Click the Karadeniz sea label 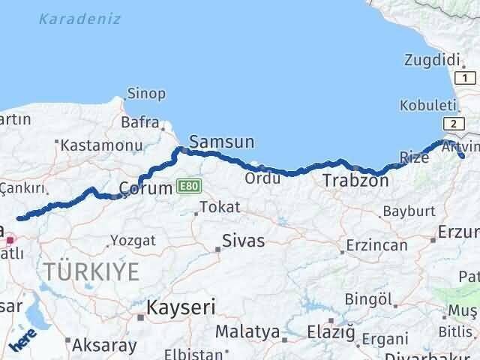click(79, 19)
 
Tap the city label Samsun click(222, 141)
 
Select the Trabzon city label click(355, 180)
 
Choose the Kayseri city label click(181, 307)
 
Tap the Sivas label click(243, 241)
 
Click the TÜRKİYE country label click(91, 271)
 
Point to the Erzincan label click(376, 244)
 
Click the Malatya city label click(247, 331)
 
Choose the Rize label click(415, 157)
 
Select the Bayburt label click(409, 211)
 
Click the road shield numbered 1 click(466, 78)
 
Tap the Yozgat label click(133, 241)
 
